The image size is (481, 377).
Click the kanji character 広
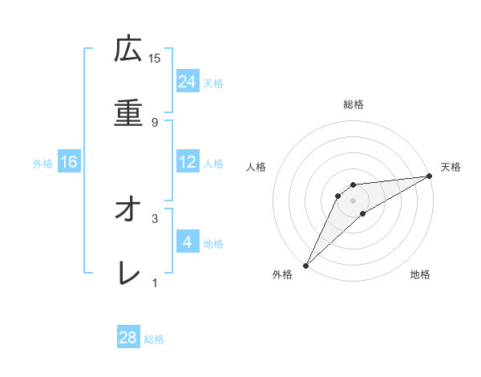[x=128, y=51]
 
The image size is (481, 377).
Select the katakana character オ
[x=128, y=209]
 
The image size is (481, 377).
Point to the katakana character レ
[x=128, y=274]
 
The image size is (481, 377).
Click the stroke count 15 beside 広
[x=155, y=58]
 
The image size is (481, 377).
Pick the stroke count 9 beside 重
[x=155, y=122]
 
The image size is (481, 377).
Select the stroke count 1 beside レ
[x=155, y=282]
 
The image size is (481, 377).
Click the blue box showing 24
[x=188, y=82]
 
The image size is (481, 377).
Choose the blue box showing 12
[x=188, y=162]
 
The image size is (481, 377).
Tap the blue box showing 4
[x=188, y=241]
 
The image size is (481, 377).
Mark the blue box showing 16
[x=69, y=162]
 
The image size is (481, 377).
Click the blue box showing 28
[x=128, y=338]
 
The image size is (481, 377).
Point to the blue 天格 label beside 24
[x=212, y=83]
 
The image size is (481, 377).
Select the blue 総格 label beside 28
[x=154, y=339]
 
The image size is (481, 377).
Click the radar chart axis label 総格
[x=354, y=104]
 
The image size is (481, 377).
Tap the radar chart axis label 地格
[x=420, y=275]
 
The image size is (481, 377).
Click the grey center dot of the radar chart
[x=354, y=200]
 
